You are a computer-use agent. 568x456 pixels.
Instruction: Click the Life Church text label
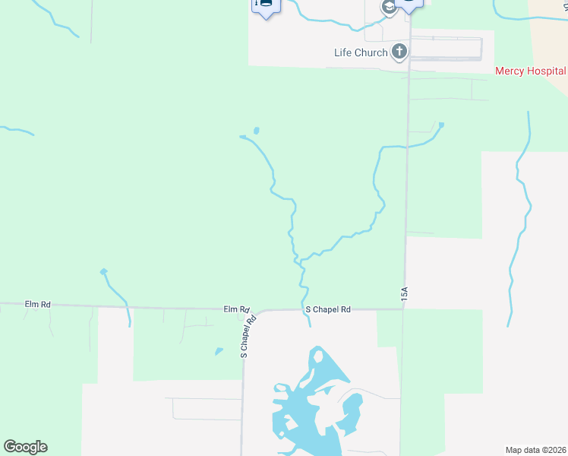361,52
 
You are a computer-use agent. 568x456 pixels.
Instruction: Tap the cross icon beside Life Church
399,52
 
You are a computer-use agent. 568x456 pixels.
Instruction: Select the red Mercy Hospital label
530,71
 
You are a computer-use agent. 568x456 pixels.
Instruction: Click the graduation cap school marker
389,8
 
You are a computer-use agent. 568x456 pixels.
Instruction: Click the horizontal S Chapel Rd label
327,309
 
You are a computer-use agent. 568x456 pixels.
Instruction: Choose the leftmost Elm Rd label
37,304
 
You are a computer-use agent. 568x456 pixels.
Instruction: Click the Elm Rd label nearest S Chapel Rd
236,309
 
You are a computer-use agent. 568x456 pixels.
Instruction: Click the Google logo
25,447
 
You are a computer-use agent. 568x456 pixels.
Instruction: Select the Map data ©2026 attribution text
536,450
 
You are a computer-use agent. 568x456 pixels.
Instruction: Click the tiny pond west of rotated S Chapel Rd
219,351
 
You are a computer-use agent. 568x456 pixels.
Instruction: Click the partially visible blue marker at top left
265,7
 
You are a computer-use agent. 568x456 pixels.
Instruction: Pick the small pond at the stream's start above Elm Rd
103,271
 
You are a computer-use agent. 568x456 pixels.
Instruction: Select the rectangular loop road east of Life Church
446,49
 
